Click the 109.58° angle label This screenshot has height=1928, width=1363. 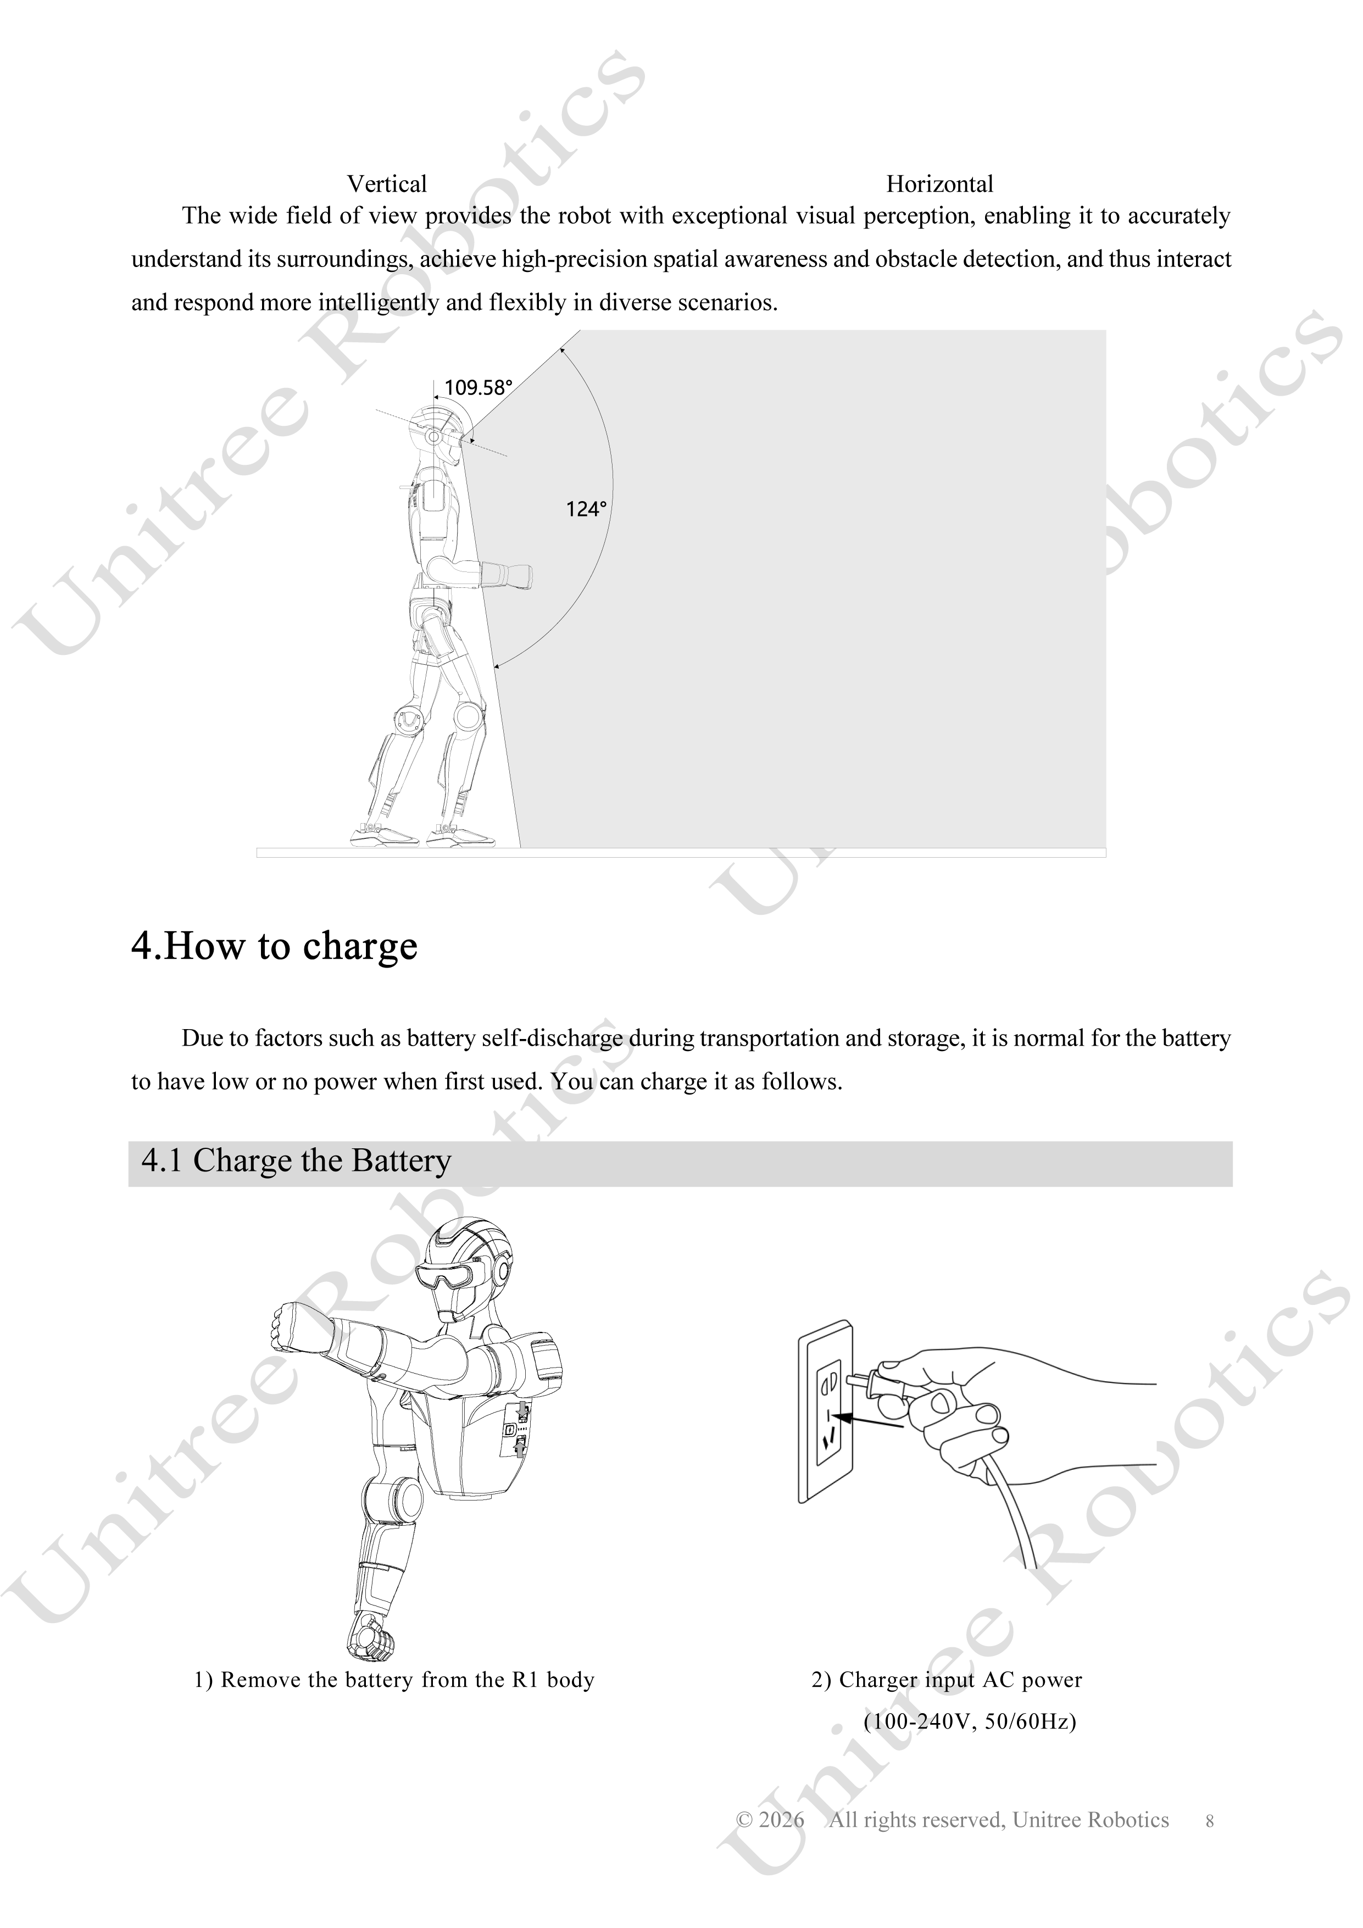click(478, 388)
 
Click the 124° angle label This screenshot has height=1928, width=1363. click(586, 509)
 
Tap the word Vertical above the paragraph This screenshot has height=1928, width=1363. click(387, 184)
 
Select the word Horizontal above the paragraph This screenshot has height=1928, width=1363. click(940, 184)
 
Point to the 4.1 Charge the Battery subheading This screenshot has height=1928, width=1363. click(297, 1160)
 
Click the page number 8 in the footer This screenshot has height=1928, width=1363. click(1209, 1821)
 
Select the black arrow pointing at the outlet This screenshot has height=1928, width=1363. click(871, 1420)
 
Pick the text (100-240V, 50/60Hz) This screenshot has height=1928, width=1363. click(970, 1723)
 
